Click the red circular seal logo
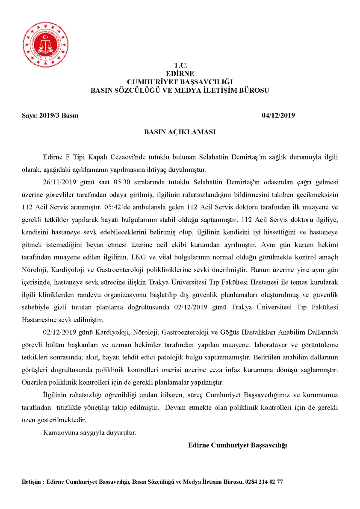pyautogui.click(x=45, y=45)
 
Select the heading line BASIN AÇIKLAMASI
pyautogui.click(x=180, y=132)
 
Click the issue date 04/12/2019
pyautogui.click(x=278, y=115)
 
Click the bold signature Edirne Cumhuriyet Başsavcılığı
pyautogui.click(x=237, y=445)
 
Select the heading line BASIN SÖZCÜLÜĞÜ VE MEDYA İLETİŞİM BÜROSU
pyautogui.click(x=180, y=91)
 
